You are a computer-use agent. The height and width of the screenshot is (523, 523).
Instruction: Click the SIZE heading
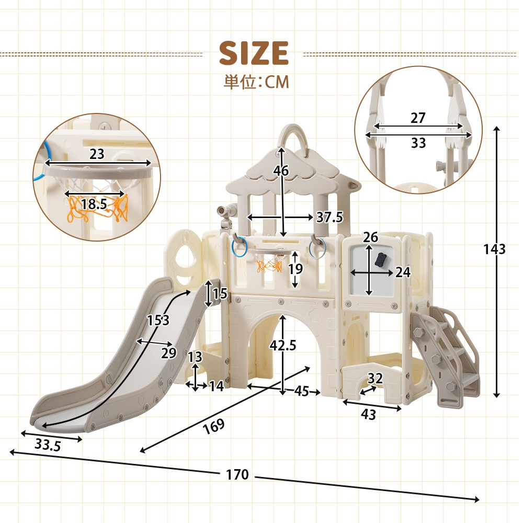tap(254, 53)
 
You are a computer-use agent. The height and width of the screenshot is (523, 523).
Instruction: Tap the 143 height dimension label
tap(495, 249)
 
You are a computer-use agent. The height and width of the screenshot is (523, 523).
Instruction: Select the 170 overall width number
tap(237, 474)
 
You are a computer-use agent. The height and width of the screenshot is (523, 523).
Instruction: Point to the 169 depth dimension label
tap(214, 426)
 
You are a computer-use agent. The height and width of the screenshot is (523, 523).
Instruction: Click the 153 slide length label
tap(158, 320)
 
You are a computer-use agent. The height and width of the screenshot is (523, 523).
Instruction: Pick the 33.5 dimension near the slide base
tap(48, 445)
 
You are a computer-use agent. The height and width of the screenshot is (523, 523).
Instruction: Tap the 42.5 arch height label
tap(283, 346)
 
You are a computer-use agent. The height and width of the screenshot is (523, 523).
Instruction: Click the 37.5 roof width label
tap(329, 217)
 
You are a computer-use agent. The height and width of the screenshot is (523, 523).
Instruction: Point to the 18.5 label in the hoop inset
tap(94, 204)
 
